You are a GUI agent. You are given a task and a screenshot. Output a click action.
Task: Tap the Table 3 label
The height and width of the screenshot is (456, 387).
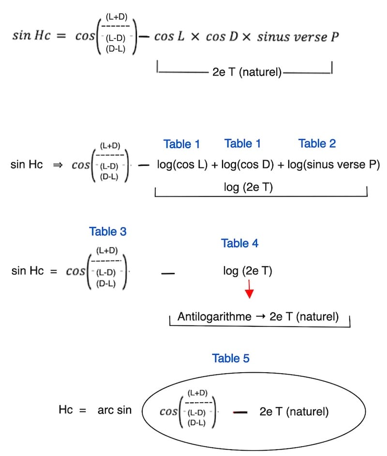[108, 232]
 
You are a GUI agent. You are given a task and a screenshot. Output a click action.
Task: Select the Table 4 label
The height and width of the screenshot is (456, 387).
[240, 243]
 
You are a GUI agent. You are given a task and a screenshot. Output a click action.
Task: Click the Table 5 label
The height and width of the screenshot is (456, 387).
[231, 359]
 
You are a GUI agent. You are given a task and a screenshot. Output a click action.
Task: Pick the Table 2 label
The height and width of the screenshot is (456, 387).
[317, 143]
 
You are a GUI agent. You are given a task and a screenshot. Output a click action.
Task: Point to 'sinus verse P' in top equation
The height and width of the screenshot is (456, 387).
[298, 37]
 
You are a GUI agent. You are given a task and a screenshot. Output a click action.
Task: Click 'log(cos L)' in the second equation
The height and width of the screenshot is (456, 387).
[183, 165]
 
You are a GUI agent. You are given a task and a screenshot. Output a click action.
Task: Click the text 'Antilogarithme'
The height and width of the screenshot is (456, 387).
[214, 317]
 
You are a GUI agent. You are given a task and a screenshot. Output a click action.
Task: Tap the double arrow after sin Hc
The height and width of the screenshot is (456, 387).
[58, 165]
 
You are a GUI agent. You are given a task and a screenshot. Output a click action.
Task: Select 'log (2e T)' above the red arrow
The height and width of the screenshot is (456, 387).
[248, 271]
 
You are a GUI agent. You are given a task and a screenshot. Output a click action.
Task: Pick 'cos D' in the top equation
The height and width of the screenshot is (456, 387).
[221, 37]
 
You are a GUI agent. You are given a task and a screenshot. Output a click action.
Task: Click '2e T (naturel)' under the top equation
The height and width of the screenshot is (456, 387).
[247, 74]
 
